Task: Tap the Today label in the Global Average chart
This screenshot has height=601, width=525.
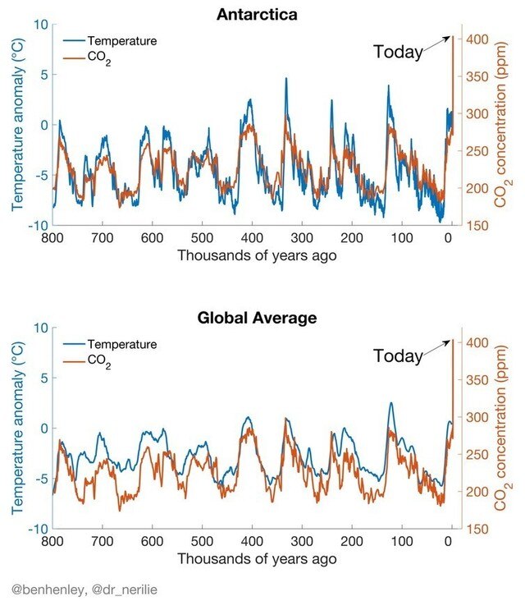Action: pos(398,356)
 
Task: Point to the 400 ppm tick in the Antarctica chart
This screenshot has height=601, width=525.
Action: pos(478,39)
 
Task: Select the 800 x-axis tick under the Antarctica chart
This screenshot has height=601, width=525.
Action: pos(52,239)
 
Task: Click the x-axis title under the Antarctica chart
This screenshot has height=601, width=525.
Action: pos(256,255)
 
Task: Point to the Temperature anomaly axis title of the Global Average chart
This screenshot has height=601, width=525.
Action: pos(17,428)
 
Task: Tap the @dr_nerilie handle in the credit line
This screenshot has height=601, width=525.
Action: pos(114,589)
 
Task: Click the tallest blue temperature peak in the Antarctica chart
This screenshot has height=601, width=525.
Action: pos(285,79)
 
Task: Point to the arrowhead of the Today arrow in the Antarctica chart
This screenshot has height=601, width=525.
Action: pos(450,37)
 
